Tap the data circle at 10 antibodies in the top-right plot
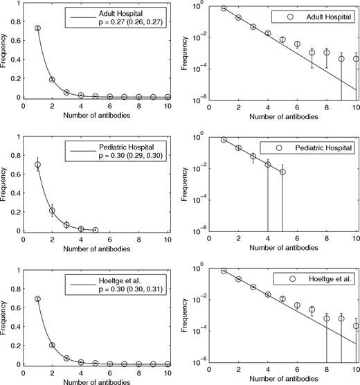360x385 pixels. click(x=356, y=59)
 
